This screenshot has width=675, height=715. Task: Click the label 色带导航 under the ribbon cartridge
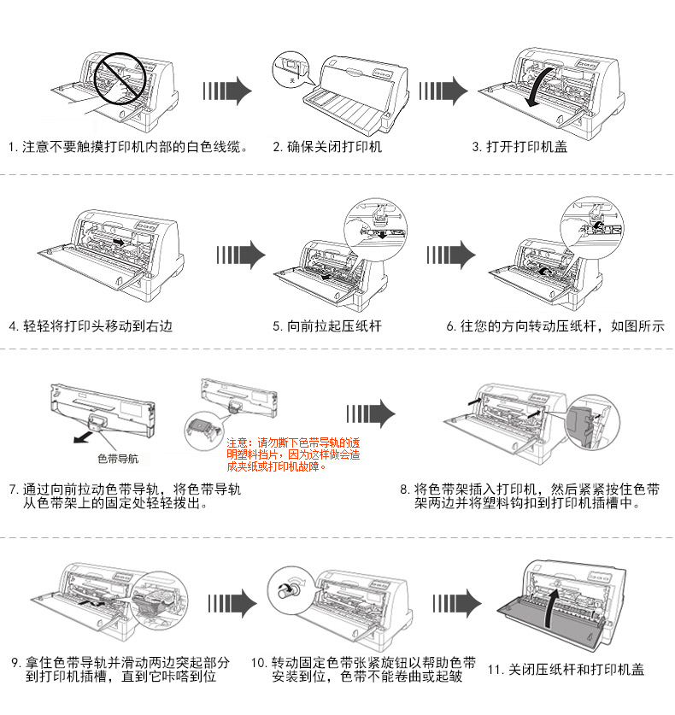pyautogui.click(x=117, y=459)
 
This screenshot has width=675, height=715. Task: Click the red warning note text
pyautogui.click(x=293, y=454)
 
